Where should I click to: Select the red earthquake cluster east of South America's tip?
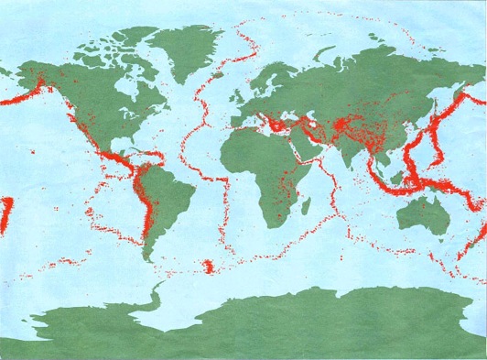tap(212, 267)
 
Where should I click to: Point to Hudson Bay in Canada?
tap(114, 77)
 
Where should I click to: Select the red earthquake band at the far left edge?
tap(5, 216)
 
